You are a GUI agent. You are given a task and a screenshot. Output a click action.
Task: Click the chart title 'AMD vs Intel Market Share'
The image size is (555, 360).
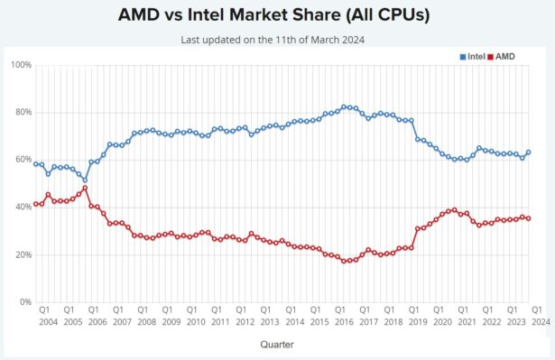coord(277,16)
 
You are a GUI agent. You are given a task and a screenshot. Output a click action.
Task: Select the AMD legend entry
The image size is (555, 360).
coord(504,57)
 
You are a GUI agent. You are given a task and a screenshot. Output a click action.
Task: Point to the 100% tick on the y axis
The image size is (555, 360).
coord(21,65)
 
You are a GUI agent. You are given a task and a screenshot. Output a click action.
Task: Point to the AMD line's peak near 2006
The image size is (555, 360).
coord(85,189)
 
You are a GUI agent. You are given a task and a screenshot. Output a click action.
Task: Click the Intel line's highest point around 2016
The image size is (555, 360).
coord(344,106)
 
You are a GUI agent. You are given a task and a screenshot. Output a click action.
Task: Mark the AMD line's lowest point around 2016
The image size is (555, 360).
coord(344,261)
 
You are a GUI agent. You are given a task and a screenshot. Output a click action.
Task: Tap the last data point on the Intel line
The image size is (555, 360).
coord(528,152)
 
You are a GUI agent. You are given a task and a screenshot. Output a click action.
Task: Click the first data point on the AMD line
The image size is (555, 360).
coord(35,204)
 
